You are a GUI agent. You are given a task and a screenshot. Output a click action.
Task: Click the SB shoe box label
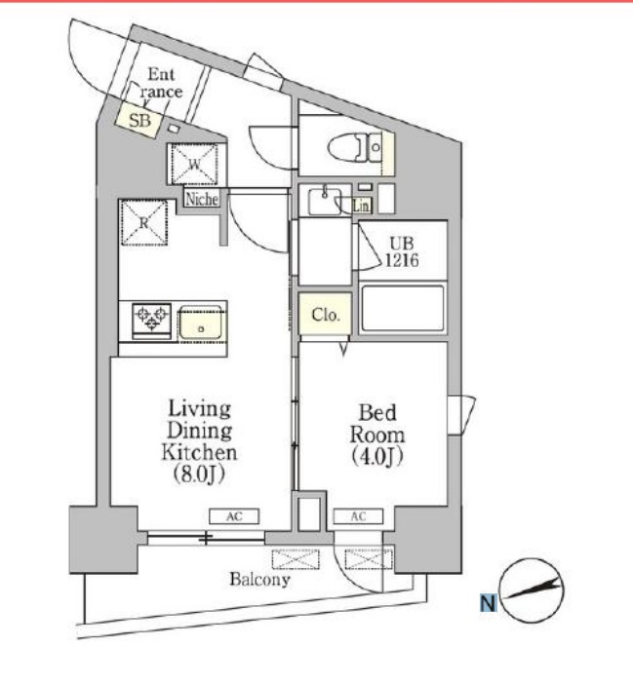coord(139,120)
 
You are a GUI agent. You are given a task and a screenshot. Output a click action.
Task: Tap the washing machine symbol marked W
coord(194,165)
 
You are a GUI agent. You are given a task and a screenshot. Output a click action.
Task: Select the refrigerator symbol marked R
coord(143,222)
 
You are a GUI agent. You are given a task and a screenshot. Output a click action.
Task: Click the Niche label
coord(202,200)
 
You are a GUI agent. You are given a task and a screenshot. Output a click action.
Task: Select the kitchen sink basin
coord(201,322)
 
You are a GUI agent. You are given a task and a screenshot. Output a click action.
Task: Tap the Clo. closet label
coord(325,315)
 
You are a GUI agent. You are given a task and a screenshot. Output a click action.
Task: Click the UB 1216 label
coord(402,251)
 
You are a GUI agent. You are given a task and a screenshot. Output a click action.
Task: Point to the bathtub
coord(403,309)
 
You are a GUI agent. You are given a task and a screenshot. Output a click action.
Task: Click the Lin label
coord(362,206)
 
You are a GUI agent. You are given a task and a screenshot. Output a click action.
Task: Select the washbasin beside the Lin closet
coord(325,201)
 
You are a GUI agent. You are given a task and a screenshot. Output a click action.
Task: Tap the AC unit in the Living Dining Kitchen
coord(234,516)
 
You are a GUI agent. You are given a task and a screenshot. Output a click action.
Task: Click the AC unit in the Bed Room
coord(358,516)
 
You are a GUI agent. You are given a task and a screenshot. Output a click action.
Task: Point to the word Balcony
coord(259,580)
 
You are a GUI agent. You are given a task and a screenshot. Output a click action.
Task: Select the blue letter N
coord(489,603)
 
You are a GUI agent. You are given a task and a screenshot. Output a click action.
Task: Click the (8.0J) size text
coord(199,475)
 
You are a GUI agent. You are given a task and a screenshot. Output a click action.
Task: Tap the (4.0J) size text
coord(377,457)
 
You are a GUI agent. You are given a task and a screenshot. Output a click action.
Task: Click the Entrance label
coord(161,83)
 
